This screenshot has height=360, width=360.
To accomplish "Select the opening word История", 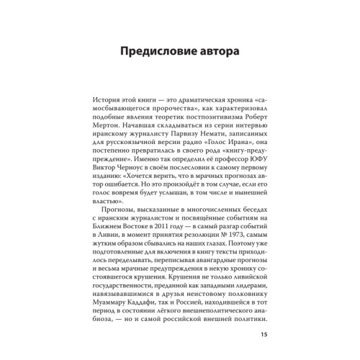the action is [107, 104].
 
